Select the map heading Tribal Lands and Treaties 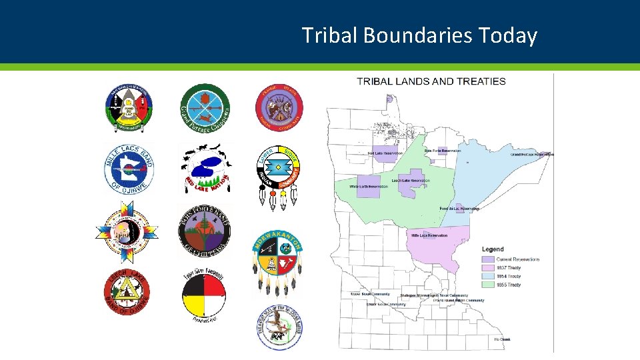pyautogui.click(x=431, y=81)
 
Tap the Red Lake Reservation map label pyautogui.click(x=385, y=153)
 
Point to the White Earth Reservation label pyautogui.click(x=369, y=187)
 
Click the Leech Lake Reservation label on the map pyautogui.click(x=411, y=181)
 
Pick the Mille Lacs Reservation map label pyautogui.click(x=429, y=235)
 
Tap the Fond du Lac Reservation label pyautogui.click(x=459, y=209)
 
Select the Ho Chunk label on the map pyautogui.click(x=503, y=339)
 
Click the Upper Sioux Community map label pyautogui.click(x=365, y=294)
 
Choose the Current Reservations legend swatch pyautogui.click(x=488, y=259)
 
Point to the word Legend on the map pyautogui.click(x=493, y=249)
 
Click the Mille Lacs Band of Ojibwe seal pyautogui.click(x=129, y=167)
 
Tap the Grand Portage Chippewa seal pyautogui.click(x=205, y=108)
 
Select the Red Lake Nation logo pyautogui.click(x=205, y=169)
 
